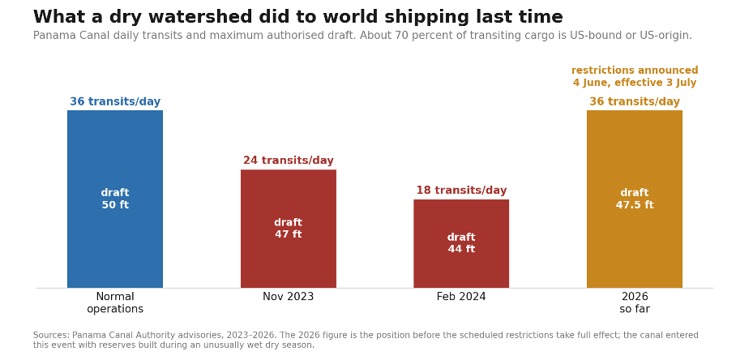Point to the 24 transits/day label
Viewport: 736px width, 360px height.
click(x=289, y=161)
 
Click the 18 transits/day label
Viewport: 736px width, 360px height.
click(x=461, y=190)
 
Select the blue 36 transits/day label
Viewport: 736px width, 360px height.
click(x=115, y=101)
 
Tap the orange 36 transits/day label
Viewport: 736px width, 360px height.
click(x=635, y=101)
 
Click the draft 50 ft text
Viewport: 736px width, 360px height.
click(x=115, y=199)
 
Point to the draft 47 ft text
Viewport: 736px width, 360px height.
click(x=289, y=228)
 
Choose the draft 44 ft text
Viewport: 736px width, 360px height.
click(x=461, y=242)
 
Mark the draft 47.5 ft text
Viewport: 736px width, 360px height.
click(x=635, y=199)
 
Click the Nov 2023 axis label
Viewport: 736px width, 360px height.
click(x=289, y=297)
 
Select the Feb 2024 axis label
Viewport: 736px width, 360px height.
click(x=461, y=297)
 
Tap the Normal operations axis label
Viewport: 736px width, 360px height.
click(x=115, y=302)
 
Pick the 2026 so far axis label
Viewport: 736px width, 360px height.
click(x=635, y=302)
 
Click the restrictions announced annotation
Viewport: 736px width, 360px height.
click(x=635, y=76)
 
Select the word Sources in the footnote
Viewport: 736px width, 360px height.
click(x=51, y=335)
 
